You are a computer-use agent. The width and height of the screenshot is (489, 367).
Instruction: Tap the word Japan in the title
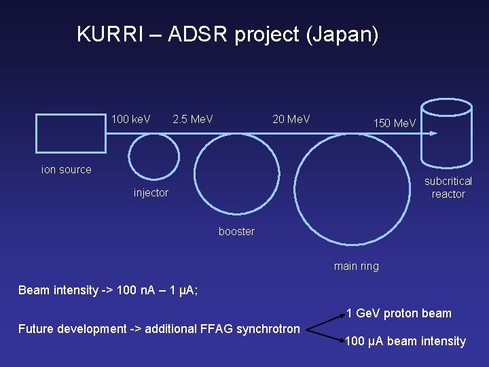(x=342, y=34)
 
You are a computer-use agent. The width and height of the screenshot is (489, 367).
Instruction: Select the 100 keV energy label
(x=131, y=120)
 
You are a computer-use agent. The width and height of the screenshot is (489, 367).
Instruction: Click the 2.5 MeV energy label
(x=193, y=120)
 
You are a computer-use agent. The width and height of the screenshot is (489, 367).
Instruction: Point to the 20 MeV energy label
(x=291, y=120)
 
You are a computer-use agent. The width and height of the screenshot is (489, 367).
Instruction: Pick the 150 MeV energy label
(x=395, y=124)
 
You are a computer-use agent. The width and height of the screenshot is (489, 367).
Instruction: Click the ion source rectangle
(x=67, y=133)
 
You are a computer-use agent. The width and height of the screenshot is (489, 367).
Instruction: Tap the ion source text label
(x=67, y=170)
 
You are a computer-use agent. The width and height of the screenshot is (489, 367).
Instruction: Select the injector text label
(x=151, y=193)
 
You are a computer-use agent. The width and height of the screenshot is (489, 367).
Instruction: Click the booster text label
(x=236, y=232)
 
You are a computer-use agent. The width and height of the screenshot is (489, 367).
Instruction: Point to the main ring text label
(x=357, y=266)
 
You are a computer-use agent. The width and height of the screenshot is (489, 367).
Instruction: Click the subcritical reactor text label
(x=448, y=188)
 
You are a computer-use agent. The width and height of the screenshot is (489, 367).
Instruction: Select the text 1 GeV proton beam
(x=399, y=313)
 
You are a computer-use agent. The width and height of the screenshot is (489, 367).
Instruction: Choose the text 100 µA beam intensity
(x=405, y=341)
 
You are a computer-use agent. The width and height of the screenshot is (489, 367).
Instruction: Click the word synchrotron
(x=265, y=329)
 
